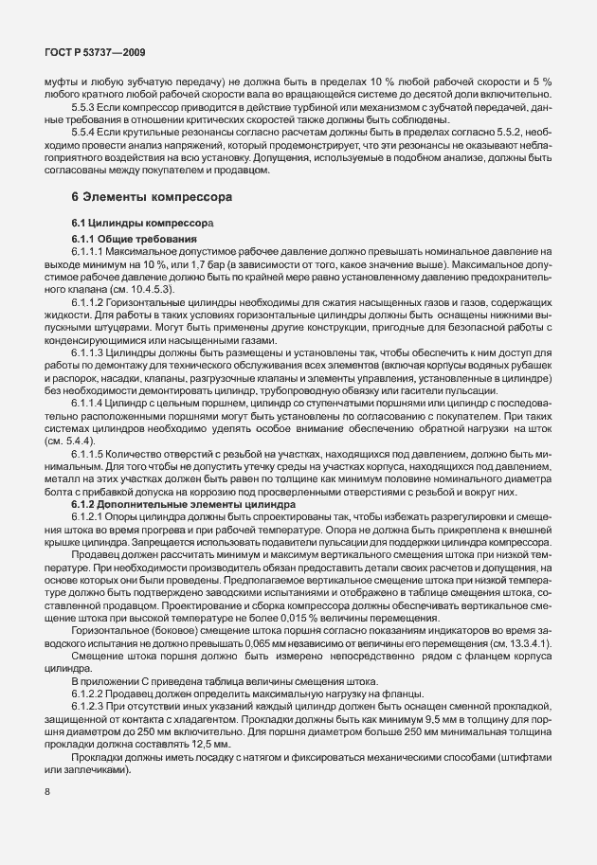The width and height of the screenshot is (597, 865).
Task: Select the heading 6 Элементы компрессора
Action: [146, 197]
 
